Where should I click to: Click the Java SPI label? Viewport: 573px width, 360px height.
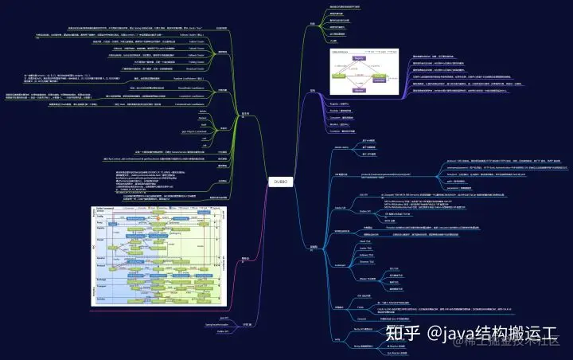point(224,317)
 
